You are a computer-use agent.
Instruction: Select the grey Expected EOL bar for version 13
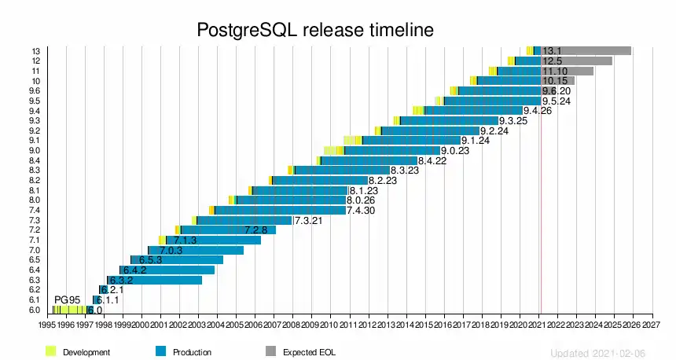597,51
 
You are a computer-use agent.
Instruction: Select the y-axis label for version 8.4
35,160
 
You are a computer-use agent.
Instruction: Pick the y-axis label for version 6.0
35,310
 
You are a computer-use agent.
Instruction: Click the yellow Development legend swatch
52,351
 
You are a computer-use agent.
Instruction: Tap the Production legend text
193,352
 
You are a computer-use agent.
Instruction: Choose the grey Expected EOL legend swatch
270,351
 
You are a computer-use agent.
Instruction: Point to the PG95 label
68,300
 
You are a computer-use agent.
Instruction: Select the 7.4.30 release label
361,211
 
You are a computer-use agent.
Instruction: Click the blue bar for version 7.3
244,220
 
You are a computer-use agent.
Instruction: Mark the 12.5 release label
553,61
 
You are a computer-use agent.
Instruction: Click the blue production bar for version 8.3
342,170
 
